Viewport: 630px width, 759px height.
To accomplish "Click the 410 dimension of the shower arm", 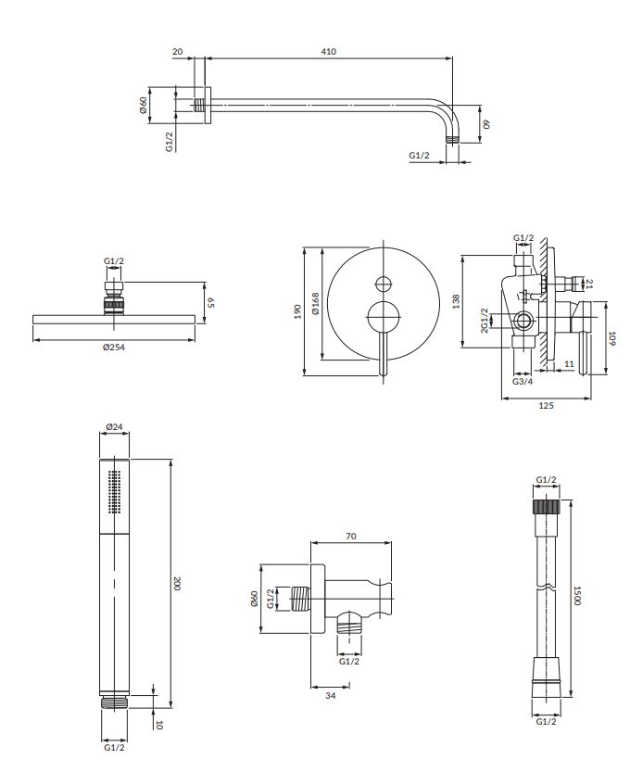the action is click(x=328, y=51).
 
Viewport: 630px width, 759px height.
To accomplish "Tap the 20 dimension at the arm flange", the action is click(x=178, y=51).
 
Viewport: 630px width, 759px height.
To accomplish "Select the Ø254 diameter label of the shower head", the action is click(x=114, y=348).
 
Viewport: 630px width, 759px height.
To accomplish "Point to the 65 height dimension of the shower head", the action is click(x=210, y=302).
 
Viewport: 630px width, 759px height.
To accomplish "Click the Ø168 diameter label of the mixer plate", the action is click(x=316, y=304).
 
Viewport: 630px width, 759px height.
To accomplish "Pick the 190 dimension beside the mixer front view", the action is click(x=297, y=311).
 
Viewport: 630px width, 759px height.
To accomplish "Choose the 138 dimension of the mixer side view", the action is click(x=455, y=301).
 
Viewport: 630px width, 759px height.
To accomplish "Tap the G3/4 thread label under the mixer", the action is click(x=523, y=382).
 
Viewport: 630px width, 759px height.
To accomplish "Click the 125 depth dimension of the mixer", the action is click(x=546, y=406).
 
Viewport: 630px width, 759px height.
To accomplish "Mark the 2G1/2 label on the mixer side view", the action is click(x=485, y=321).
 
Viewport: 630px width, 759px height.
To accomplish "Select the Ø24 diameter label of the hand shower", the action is click(x=114, y=427).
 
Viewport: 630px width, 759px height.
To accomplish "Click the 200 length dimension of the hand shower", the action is click(x=176, y=583).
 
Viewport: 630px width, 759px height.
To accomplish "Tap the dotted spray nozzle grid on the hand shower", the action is click(x=115, y=492).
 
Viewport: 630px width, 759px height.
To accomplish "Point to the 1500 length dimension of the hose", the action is click(x=576, y=595).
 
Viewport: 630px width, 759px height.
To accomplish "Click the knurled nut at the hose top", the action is click(x=547, y=507).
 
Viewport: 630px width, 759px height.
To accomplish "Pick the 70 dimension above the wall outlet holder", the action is click(x=351, y=537).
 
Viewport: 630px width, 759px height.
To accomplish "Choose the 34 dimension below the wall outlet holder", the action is click(x=331, y=696).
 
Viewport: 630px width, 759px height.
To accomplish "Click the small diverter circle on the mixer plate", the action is click(x=384, y=285).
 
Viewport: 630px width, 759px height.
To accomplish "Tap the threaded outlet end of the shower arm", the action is click(x=452, y=139).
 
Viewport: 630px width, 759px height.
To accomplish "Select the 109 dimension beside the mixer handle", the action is click(x=611, y=338).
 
